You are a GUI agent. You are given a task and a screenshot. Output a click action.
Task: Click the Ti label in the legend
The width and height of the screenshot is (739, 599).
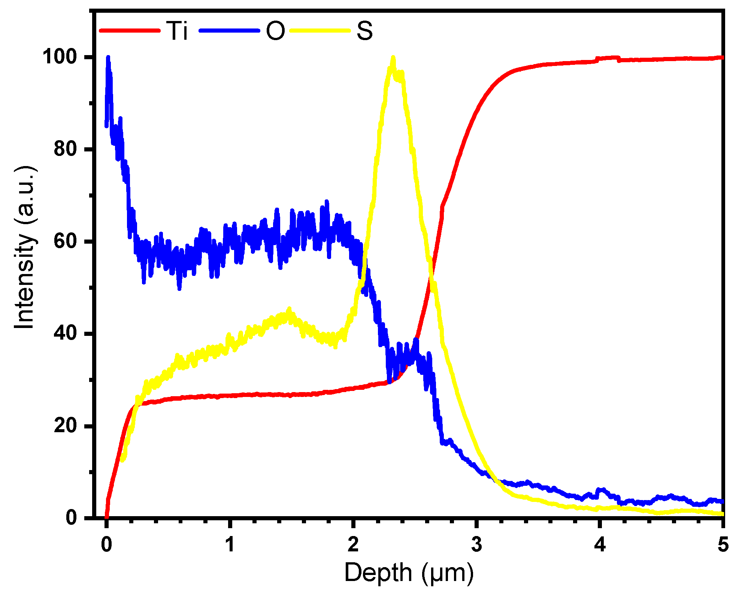pos(177,31)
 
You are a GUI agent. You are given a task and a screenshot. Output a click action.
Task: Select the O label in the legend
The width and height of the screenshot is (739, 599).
pos(275,31)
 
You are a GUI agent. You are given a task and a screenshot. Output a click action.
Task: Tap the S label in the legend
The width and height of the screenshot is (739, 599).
pos(364,31)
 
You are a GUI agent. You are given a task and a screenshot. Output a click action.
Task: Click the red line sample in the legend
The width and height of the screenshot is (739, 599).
pos(130,30)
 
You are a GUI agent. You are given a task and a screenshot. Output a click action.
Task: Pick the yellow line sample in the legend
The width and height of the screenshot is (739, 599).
pos(320,30)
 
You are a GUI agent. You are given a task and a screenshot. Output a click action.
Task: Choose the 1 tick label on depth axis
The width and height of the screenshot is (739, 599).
pos(230,544)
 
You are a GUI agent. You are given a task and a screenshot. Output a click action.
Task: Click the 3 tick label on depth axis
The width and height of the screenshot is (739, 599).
pos(476,544)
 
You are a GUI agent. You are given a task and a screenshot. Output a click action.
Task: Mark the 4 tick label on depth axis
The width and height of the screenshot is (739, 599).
pos(600,544)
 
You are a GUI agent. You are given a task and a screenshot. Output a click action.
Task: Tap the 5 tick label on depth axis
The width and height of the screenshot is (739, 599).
pos(723,544)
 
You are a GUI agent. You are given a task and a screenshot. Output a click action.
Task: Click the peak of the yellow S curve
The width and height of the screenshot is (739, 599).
pos(393,58)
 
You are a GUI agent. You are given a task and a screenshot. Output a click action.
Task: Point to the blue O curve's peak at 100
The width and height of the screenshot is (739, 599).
pos(108,58)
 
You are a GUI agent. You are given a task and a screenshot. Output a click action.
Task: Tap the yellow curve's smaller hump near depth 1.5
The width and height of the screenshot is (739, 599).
pos(288,310)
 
